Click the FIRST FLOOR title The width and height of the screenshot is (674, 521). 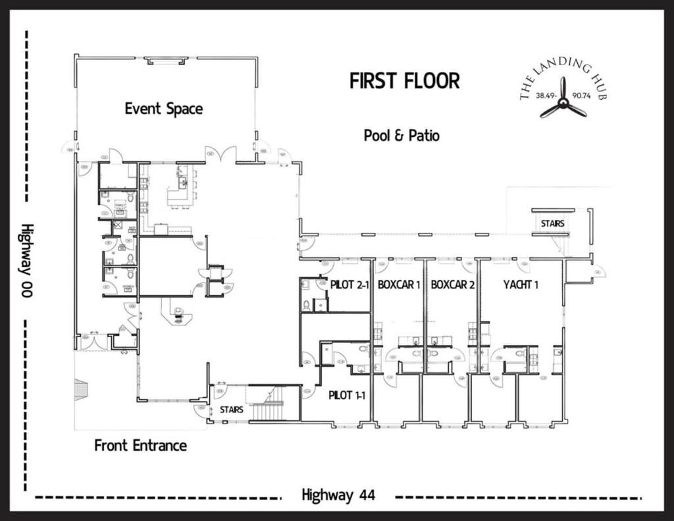click(x=404, y=81)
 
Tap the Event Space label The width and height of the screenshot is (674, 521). click(x=163, y=109)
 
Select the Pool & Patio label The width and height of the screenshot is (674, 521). click(x=402, y=136)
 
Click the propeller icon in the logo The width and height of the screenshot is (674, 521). click(x=563, y=99)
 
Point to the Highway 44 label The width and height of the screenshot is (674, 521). click(x=338, y=495)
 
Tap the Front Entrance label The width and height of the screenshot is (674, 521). click(x=140, y=445)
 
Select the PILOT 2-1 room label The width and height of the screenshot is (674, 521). click(x=350, y=285)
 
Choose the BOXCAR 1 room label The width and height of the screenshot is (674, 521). click(x=399, y=285)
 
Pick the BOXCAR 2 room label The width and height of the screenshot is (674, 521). click(x=453, y=285)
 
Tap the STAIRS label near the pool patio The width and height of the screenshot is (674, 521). click(x=552, y=223)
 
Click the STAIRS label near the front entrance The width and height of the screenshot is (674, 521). click(x=231, y=410)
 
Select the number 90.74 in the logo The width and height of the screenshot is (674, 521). click(x=583, y=96)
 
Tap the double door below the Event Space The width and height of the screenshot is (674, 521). click(x=220, y=154)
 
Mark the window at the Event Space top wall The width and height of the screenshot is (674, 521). click(x=167, y=61)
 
